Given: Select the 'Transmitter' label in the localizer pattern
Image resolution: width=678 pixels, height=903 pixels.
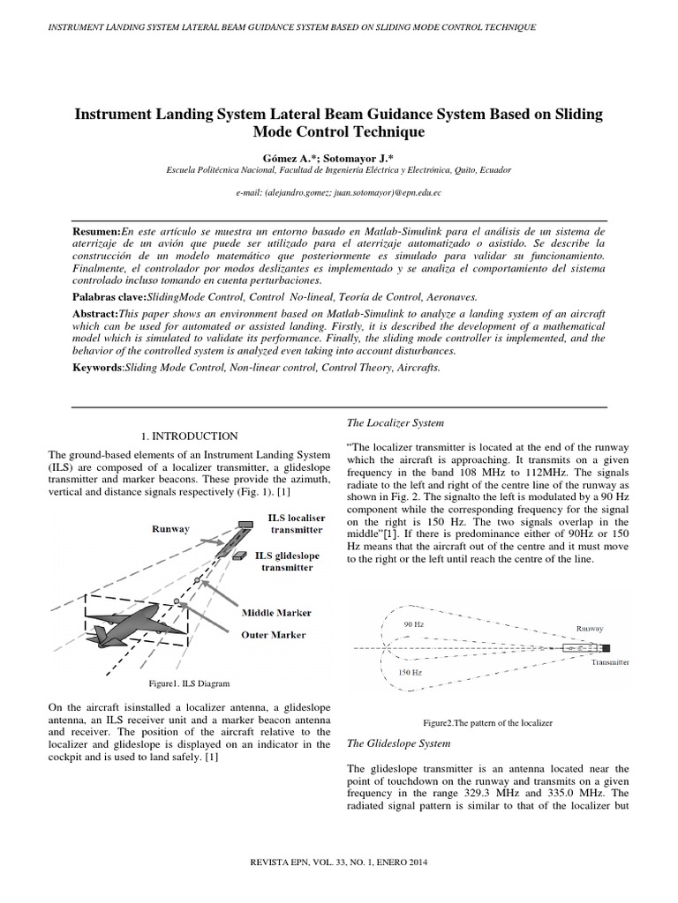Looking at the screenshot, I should point(609,660).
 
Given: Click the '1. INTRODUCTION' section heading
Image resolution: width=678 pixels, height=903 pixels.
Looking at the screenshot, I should point(190,436).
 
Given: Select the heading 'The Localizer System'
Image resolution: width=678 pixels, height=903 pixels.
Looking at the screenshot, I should point(395,424).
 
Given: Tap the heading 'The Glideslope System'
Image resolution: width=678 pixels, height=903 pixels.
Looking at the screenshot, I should point(399,743).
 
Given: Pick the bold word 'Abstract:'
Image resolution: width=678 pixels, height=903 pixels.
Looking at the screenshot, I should point(96,314).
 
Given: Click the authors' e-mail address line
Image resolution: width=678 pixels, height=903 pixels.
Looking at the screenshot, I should point(339,191).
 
